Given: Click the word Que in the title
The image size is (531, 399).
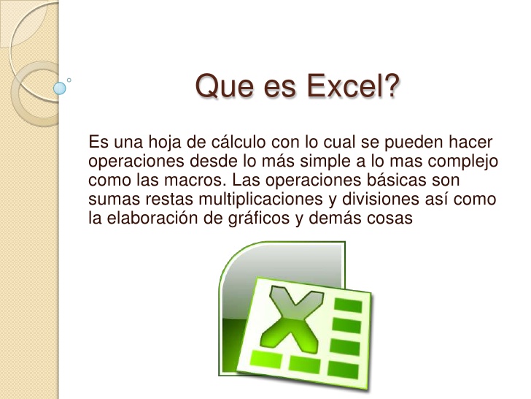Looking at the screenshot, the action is tap(224, 86).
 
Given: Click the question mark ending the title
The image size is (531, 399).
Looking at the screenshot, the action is tap(390, 85).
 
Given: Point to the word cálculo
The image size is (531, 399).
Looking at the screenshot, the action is tap(239, 142).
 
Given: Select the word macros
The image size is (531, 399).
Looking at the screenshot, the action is tap(195, 180).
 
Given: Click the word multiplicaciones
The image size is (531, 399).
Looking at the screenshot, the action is tap(260, 199).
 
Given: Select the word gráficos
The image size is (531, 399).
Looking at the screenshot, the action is tap(259, 218).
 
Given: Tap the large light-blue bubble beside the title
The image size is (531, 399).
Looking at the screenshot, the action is tap(60, 88).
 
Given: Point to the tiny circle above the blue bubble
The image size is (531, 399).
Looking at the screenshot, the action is tap(69, 80).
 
